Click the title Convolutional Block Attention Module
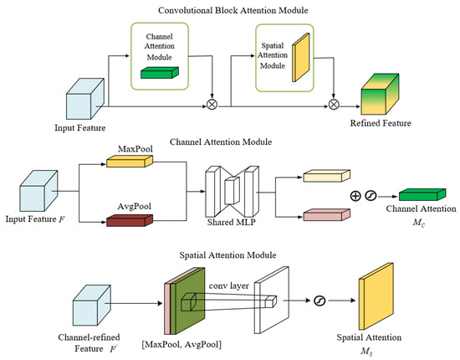pyautogui.click(x=233, y=11)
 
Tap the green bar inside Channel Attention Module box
pyautogui.click(x=160, y=73)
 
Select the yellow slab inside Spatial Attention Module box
pyautogui.click(x=301, y=57)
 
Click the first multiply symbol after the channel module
pyautogui.click(x=212, y=105)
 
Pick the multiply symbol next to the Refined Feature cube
pyautogui.click(x=334, y=105)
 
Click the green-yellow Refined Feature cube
pyautogui.click(x=380, y=94)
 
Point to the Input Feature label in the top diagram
pyautogui.click(x=80, y=128)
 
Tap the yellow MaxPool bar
pyautogui.click(x=130, y=162)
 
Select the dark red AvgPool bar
pyautogui.click(x=130, y=220)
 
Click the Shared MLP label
pyautogui.click(x=231, y=222)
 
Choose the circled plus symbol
pyautogui.click(x=355, y=196)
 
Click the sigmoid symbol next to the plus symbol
pyautogui.click(x=371, y=196)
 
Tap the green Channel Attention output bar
pyautogui.click(x=422, y=195)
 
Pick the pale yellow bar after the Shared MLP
pyautogui.click(x=326, y=176)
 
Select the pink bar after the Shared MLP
pyautogui.click(x=326, y=214)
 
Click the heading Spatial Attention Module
pyautogui.click(x=227, y=255)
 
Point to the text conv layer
pyautogui.click(x=229, y=285)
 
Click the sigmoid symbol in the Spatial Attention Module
pyautogui.click(x=319, y=301)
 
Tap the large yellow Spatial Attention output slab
pyautogui.click(x=376, y=296)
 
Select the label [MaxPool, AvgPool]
pyautogui.click(x=181, y=344)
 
